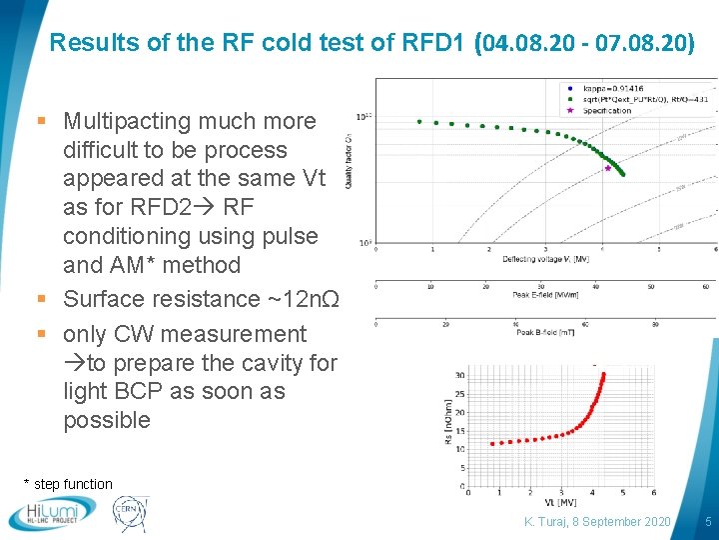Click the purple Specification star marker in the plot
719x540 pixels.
[x=607, y=168]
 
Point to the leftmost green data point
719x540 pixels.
[x=419, y=122]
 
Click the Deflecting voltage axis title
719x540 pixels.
[x=545, y=259]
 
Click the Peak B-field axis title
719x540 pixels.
[x=545, y=333]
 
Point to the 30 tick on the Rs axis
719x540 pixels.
[x=459, y=375]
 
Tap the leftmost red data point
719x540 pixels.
[x=491, y=443]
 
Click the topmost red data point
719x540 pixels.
[x=603, y=375]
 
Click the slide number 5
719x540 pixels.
[x=707, y=522]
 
